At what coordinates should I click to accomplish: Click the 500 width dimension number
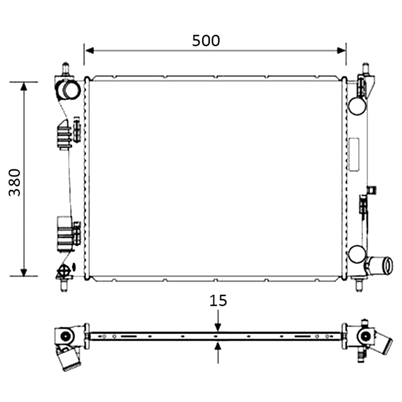pos(206,40)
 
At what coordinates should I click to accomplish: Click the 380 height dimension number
pos(15,182)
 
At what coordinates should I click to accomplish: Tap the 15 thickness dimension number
pos(218,300)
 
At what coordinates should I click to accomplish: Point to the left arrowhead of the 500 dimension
pos(90,51)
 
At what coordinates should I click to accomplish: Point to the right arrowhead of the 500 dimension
pos(341,51)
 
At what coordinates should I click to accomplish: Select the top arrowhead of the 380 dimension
pos(24,87)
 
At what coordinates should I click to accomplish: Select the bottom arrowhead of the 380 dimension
pos(24,272)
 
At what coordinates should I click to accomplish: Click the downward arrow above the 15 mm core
pos(218,320)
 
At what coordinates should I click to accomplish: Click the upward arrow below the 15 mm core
pos(218,353)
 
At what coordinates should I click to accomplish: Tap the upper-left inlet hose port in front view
pos(68,90)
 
